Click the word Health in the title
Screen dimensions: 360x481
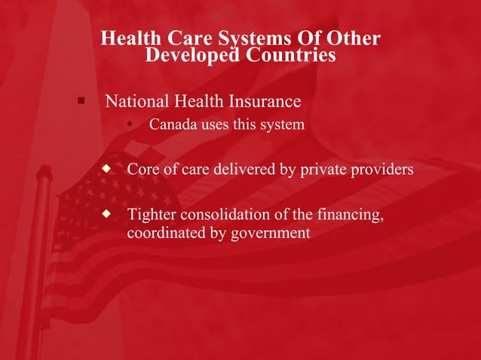click(127, 38)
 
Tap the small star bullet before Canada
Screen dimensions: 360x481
click(130, 123)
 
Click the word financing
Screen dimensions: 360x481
click(348, 216)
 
